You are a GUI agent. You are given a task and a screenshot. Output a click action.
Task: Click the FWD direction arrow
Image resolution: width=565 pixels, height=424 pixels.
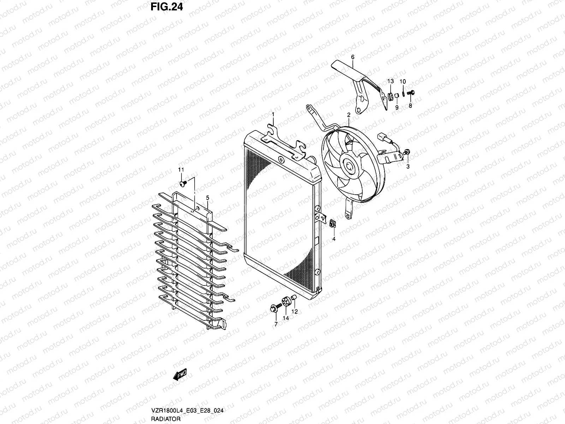tap(180, 375)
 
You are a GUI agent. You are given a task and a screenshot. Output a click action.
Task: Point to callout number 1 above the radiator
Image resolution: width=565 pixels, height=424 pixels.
tap(273, 114)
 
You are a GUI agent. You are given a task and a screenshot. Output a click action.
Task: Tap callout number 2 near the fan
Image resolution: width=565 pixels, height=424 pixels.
tap(348, 115)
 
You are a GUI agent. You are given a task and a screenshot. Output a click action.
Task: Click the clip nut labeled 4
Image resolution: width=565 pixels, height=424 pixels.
tap(332, 224)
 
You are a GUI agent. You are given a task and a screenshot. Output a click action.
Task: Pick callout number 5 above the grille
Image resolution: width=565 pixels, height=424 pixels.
tap(208, 198)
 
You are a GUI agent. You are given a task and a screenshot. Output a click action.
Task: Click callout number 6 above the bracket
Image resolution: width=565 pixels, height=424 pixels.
tap(352, 57)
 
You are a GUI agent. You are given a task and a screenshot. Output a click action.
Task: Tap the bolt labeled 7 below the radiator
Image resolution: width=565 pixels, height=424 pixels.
tap(275, 308)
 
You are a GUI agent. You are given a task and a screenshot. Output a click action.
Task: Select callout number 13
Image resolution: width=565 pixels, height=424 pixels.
tap(390, 82)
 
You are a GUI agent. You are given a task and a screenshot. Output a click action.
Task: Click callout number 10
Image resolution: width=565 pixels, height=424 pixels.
tap(403, 82)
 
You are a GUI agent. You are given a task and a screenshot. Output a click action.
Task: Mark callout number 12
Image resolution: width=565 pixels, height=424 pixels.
tap(295, 312)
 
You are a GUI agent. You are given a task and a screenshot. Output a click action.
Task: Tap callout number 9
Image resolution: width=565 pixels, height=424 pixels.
tap(397, 107)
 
